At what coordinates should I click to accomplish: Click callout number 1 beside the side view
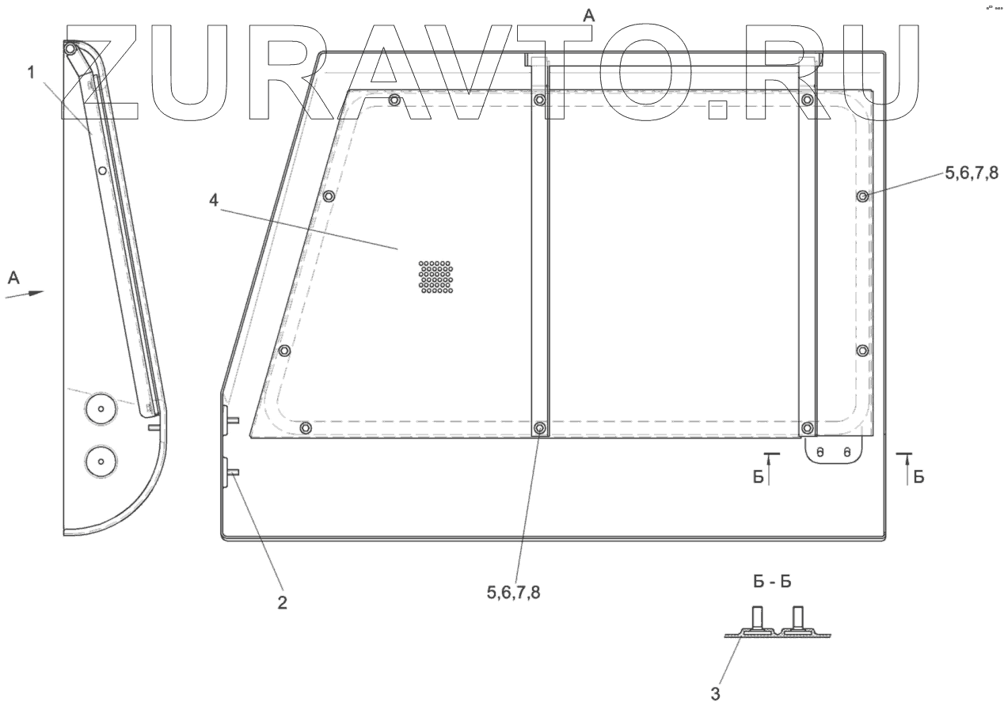click(31, 73)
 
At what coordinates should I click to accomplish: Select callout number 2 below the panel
click(282, 603)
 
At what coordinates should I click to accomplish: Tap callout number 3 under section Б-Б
click(715, 694)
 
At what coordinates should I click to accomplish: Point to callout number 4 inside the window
click(214, 201)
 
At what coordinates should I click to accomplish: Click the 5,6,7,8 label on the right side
click(972, 173)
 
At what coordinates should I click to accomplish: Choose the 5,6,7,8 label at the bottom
click(513, 593)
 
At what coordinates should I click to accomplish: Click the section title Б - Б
click(772, 582)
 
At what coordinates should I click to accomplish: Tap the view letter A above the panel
click(588, 16)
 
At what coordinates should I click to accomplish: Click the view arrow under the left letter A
click(25, 294)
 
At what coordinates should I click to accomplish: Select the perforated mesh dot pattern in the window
click(435, 277)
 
